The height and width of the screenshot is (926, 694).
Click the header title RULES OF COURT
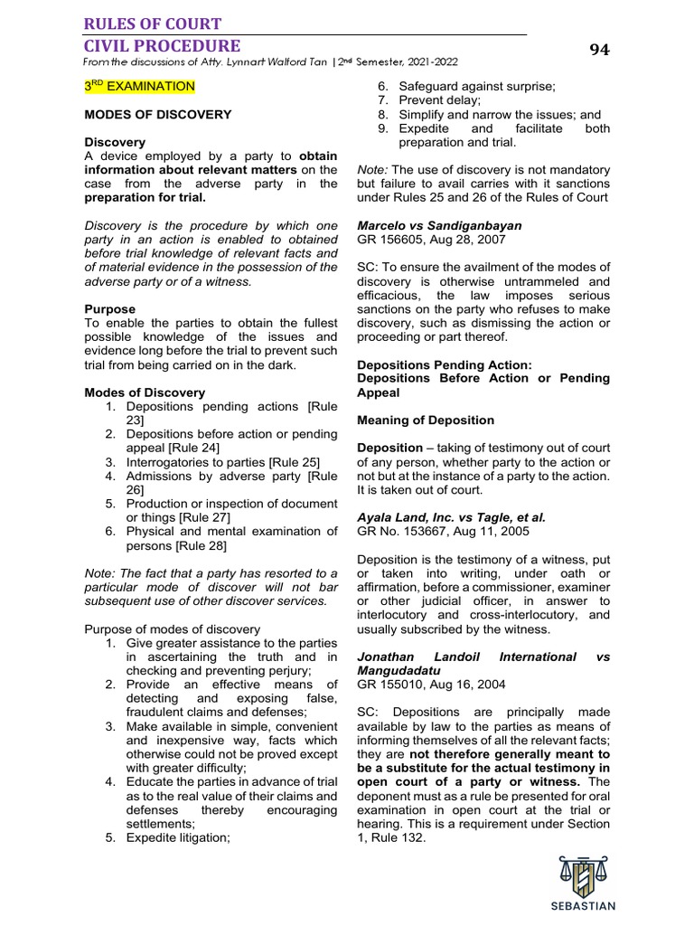click(x=153, y=24)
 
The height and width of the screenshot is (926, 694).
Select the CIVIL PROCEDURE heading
click(x=163, y=45)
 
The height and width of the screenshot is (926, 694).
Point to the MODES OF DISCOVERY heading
click(x=158, y=115)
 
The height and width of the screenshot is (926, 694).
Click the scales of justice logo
click(x=583, y=874)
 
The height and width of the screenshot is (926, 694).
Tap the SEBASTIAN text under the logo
click(x=583, y=906)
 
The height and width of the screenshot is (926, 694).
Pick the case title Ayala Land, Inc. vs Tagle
click(x=452, y=518)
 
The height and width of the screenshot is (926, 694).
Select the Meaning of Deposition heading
click(x=426, y=420)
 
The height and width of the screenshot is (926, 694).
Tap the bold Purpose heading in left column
click(x=110, y=309)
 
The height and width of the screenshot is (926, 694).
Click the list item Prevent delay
click(x=439, y=100)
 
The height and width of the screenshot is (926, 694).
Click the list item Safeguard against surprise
click(x=477, y=86)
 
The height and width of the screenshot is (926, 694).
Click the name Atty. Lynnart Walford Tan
click(x=255, y=62)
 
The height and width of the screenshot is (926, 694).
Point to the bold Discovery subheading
click(x=115, y=143)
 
